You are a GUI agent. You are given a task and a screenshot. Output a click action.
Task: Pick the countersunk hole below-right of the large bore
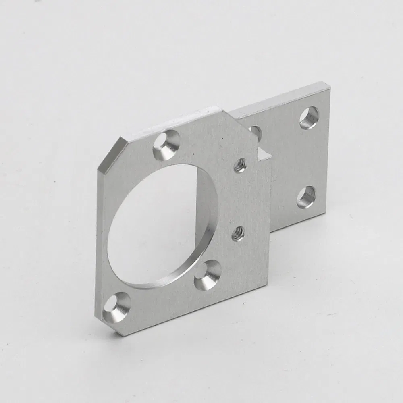pos(208,275)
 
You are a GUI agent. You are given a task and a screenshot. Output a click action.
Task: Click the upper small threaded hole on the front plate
pos(240,165)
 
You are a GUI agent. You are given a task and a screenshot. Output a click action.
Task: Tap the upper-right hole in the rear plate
pos(309,117)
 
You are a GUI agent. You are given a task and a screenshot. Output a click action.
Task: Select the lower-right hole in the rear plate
pos(306,197)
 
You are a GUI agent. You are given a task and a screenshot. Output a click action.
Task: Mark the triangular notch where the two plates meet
pos(263,154)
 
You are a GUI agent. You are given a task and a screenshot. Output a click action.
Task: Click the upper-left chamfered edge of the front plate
pos(108,155)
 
